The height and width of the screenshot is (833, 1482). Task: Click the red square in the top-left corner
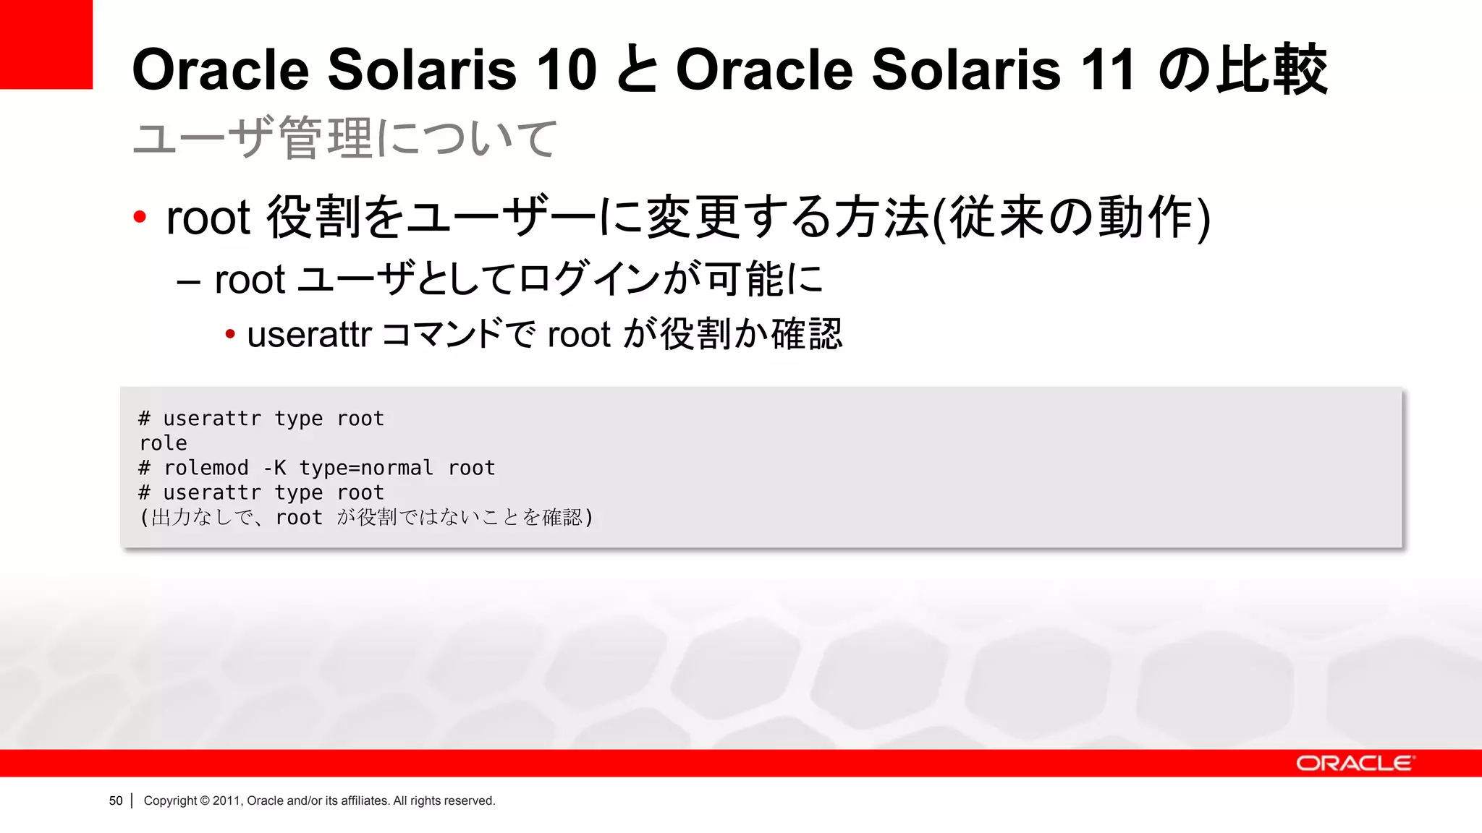(46, 43)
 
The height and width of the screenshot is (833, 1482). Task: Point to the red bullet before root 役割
(140, 216)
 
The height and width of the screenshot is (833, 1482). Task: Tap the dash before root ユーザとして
(188, 281)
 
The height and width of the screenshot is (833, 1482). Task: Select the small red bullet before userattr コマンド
(230, 334)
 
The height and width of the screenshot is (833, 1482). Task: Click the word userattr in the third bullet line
(309, 335)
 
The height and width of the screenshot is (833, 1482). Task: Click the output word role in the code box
(164, 443)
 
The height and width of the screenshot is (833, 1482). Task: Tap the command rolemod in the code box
(206, 468)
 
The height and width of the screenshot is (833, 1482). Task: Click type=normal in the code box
(366, 469)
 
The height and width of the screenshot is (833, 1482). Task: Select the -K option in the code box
(274, 468)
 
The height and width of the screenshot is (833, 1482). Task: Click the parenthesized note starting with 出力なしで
(366, 518)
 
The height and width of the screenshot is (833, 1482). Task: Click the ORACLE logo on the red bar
(1354, 764)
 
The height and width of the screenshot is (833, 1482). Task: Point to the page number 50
(116, 800)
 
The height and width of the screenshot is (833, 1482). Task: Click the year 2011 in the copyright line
(226, 800)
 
